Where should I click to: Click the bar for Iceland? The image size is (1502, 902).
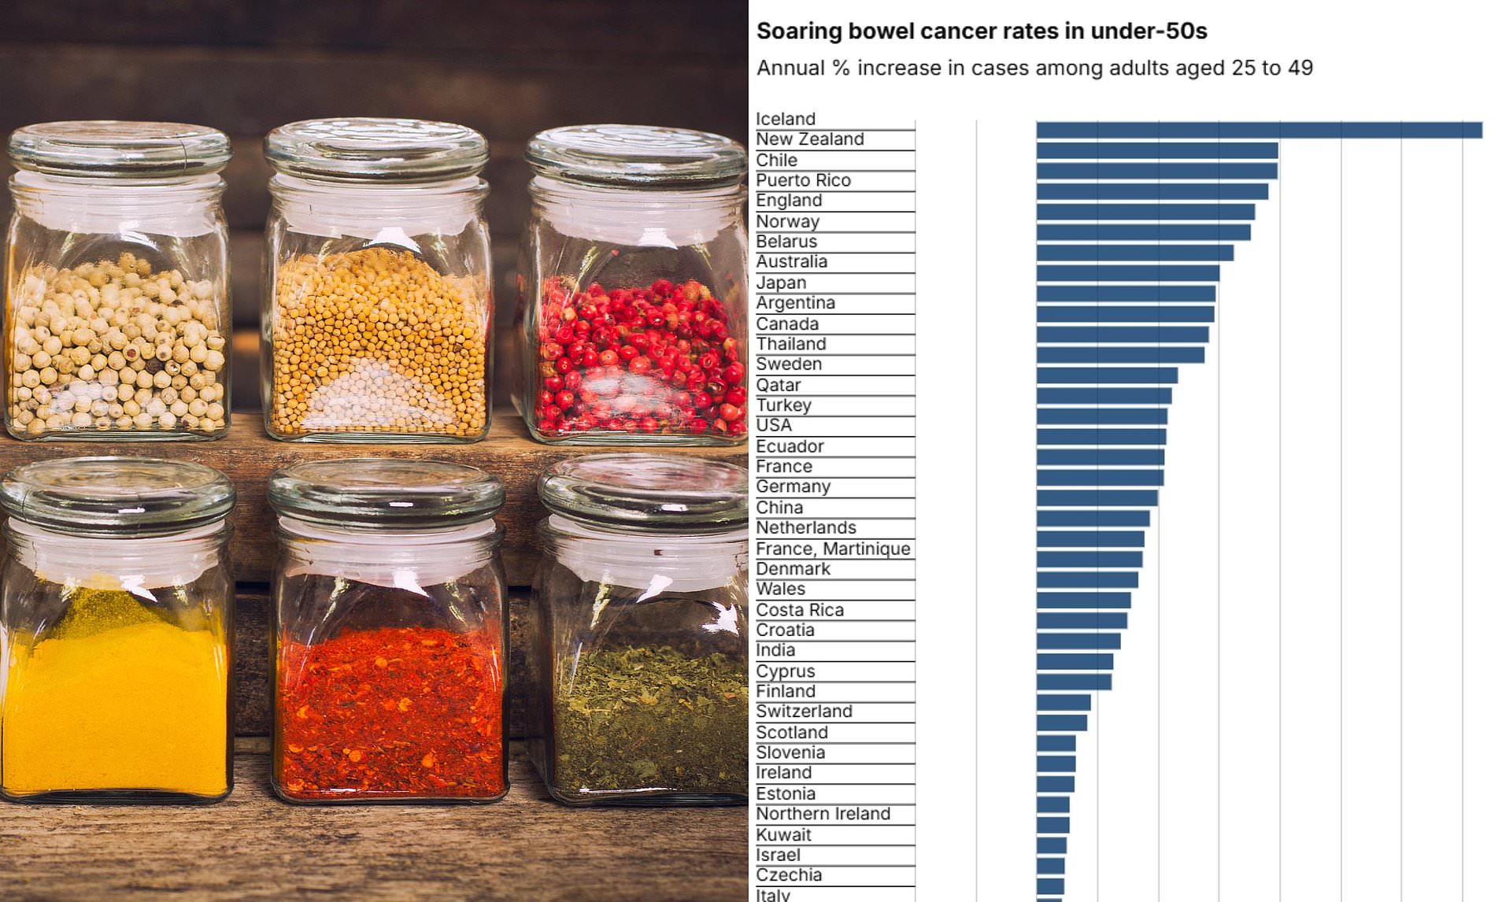tap(1259, 130)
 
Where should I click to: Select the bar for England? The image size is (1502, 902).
tap(1145, 212)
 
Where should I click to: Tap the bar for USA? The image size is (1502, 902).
tap(1101, 437)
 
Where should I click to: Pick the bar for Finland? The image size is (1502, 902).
tap(1064, 702)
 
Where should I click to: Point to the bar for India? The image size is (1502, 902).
tap(1075, 661)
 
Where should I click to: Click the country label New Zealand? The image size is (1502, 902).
tap(810, 139)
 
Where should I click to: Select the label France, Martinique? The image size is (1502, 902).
tap(833, 549)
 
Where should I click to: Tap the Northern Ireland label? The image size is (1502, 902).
tap(823, 814)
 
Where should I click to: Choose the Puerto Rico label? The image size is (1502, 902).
tap(803, 180)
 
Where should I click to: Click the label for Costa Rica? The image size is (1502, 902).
tap(799, 610)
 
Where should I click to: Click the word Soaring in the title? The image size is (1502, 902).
tap(796, 31)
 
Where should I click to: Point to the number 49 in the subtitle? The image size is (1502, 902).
tap(1300, 68)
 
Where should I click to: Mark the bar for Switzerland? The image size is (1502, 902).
tap(1061, 723)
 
